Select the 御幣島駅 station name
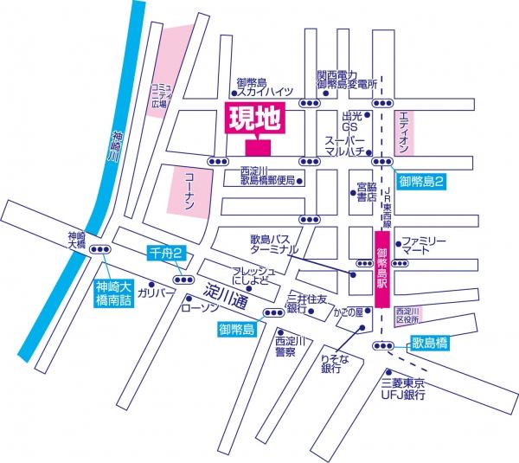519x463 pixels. [x=381, y=269]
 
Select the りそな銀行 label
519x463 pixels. [x=332, y=363]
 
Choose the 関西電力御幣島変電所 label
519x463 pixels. [x=348, y=80]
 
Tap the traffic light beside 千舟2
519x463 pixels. [x=183, y=280]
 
